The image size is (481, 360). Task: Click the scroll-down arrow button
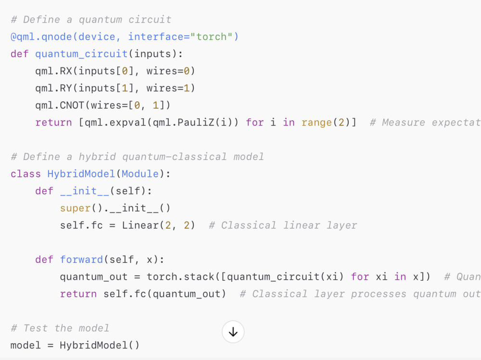click(233, 332)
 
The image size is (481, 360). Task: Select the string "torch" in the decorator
click(211, 37)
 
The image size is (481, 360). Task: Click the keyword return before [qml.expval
click(53, 123)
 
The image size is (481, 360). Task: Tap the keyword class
click(25, 174)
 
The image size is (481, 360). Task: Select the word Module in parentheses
click(140, 174)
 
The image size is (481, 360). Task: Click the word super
click(75, 208)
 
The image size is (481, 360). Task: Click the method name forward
click(81, 260)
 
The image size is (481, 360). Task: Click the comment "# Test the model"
click(60, 328)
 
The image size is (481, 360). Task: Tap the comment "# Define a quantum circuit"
click(91, 20)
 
